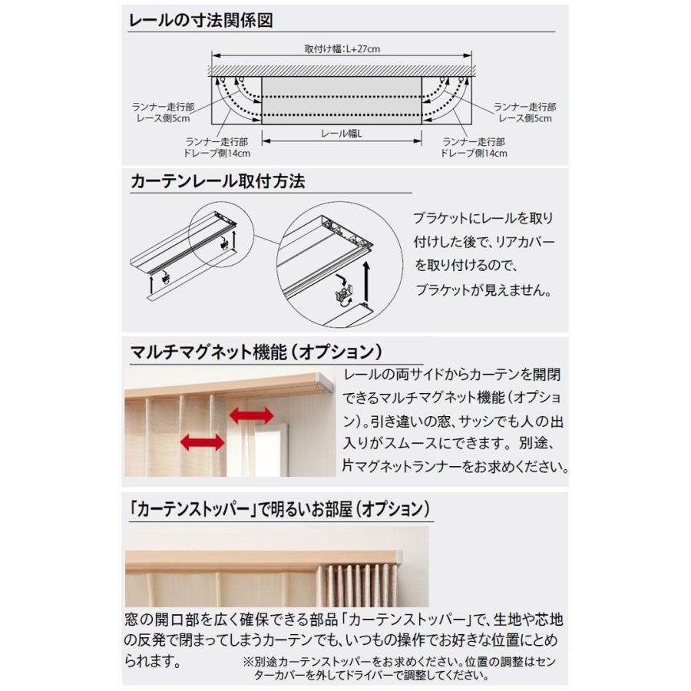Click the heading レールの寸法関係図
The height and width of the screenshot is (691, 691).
pos(201,20)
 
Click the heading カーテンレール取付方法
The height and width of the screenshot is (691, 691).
pos(218,182)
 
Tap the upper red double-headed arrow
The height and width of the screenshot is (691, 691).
pos(250,415)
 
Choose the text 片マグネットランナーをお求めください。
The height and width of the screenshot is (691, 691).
pos(456,466)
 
